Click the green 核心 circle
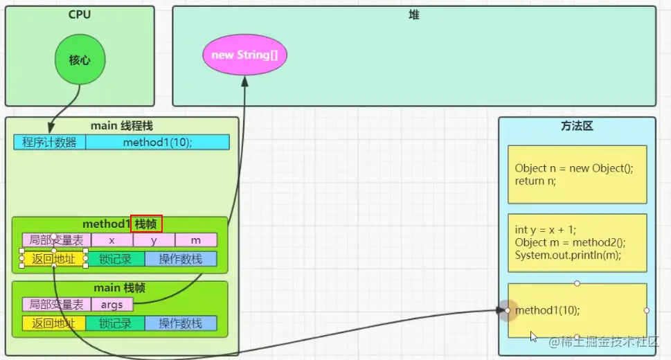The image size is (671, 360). pos(80,60)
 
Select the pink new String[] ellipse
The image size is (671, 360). pos(244,55)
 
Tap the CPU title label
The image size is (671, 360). pos(80,15)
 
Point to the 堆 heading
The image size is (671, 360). pos(413,15)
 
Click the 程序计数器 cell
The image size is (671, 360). pos(50,143)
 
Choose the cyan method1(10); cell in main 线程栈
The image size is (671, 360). pos(157,143)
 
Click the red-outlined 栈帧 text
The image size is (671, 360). pos(147,224)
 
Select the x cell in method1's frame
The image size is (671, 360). pos(112,240)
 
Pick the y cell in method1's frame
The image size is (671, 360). pos(154,240)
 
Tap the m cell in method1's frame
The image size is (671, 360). pos(196,240)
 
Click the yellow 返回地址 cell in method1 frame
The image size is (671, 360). pos(54,259)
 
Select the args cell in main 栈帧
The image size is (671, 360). pos(112,305)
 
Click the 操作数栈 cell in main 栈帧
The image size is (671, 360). pos(181,323)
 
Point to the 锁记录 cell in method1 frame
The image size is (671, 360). pos(115,259)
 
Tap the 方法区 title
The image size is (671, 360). pos(577,127)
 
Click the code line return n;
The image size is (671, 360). pos(535,181)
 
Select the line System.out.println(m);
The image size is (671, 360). pos(568,255)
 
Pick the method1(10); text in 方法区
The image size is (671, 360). pos(548,310)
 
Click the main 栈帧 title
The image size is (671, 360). pos(120,288)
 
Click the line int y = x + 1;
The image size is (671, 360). pos(546,231)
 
